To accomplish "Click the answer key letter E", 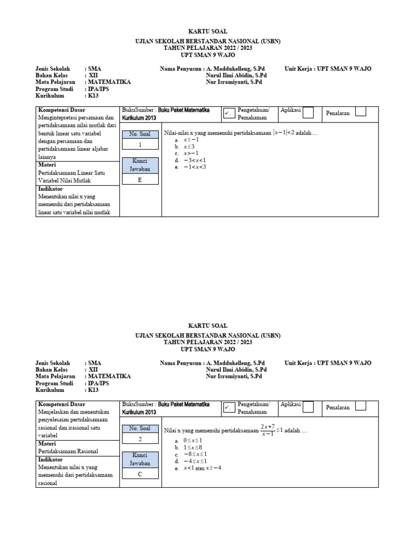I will pos(140,180).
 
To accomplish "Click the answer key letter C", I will pos(140,474).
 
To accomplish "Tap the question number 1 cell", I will pos(140,145).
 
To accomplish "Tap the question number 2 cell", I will pos(140,439).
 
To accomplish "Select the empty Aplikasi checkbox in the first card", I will pos(308,112).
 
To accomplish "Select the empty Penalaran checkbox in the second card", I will pos(361,406).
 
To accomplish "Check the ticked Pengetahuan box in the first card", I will pos(229,113).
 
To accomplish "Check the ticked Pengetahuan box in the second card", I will pos(229,407).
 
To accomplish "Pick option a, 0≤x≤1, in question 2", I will pos(193,440).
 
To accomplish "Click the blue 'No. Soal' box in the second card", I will pos(140,429).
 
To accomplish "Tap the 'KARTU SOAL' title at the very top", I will pos(207,32).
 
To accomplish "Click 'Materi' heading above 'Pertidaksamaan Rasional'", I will pos(47,443).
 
